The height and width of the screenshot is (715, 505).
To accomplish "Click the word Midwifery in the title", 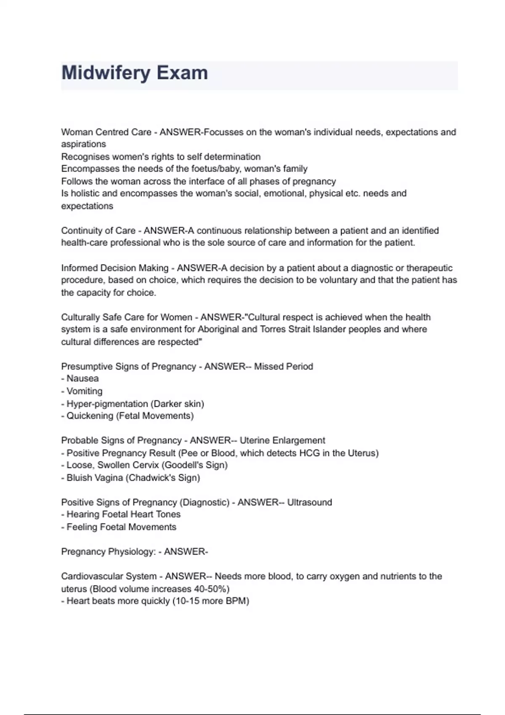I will tap(106, 73).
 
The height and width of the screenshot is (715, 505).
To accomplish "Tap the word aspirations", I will tap(83, 144).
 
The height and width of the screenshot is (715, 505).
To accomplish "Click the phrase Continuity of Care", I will tap(98, 230).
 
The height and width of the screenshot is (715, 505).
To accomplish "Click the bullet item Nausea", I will tap(82, 379).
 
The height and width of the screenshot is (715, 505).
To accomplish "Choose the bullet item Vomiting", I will tap(84, 391).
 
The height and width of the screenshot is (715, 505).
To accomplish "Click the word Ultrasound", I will tap(309, 502).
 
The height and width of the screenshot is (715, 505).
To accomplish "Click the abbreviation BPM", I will tap(236, 601).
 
